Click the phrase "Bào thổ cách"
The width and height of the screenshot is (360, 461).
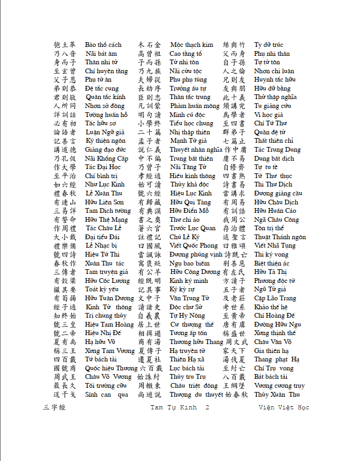pos(103,45)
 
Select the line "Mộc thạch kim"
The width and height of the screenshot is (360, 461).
pos(191,45)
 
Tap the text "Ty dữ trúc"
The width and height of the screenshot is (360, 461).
pos(268,45)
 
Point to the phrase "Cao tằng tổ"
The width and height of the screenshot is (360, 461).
pos(186,54)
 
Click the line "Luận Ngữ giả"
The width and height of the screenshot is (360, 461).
pos(105,132)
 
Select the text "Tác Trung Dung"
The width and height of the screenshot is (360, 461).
pos(277,150)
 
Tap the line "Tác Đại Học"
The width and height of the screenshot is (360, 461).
pos(103,167)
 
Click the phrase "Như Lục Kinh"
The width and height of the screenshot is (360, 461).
pos(105,184)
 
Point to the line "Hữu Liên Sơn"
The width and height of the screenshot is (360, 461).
pos(104,202)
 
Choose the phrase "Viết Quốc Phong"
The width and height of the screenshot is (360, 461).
pos(193,246)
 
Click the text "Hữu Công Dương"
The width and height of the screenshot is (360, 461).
pos(195,272)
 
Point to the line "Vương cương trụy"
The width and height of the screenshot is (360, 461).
pos(279,386)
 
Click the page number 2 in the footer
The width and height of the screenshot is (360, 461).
pos(207,408)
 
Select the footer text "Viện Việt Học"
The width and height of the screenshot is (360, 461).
pos(284,408)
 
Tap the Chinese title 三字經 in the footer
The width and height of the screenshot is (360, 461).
pos(54,408)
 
